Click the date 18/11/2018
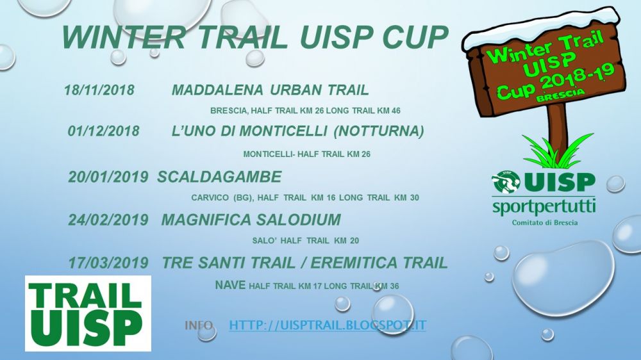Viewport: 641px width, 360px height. (99, 90)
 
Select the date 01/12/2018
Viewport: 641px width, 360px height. (103, 131)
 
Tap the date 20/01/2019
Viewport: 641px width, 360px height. (108, 177)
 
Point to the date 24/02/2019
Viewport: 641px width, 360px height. (108, 220)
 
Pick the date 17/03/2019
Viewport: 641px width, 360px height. (108, 263)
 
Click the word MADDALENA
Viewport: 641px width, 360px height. (217, 90)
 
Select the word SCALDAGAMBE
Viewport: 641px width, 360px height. (219, 177)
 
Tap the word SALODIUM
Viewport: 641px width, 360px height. (299, 220)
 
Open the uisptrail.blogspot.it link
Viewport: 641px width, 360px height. (328, 325)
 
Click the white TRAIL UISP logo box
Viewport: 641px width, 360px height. (88, 313)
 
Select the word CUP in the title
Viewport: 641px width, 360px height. (415, 37)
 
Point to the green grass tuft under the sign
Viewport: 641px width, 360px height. (558, 152)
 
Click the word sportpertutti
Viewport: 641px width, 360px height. (544, 208)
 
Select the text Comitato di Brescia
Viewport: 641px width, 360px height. (545, 223)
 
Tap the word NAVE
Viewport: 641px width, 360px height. (230, 285)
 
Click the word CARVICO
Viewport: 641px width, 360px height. (210, 198)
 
